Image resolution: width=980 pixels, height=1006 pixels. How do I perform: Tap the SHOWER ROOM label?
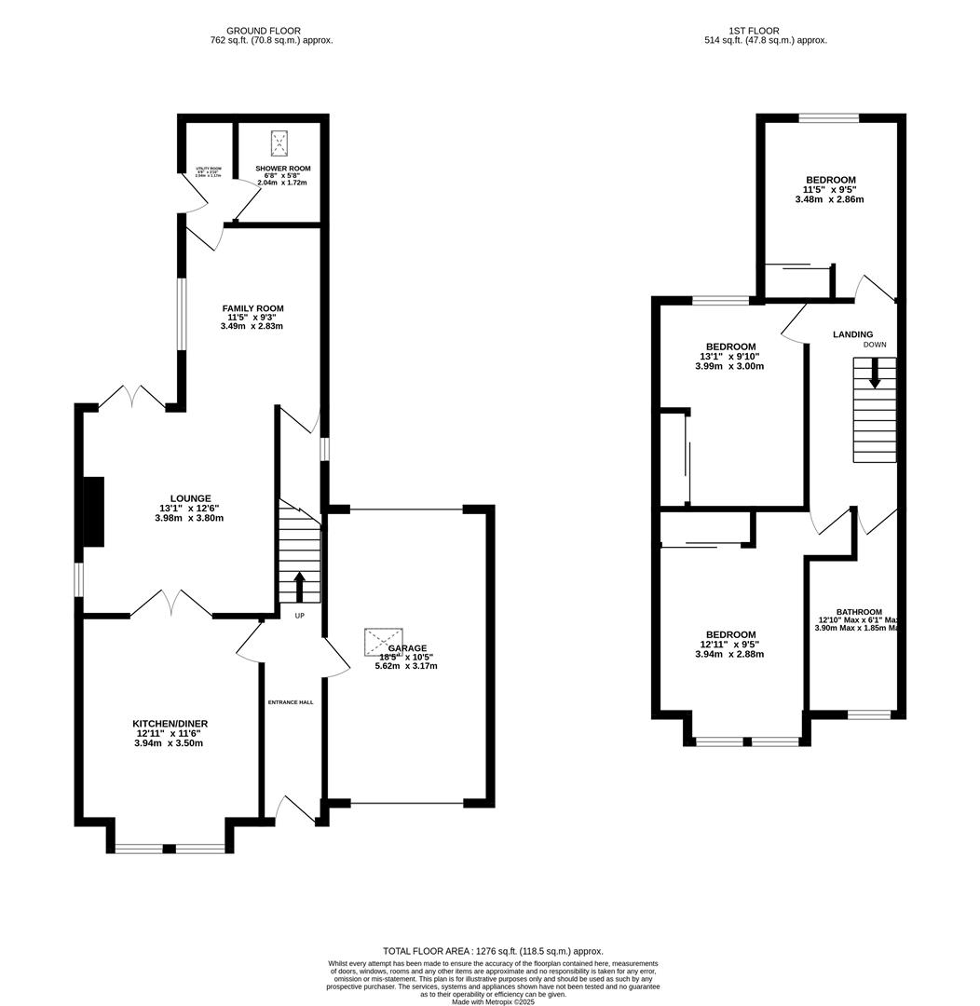pyautogui.click(x=283, y=169)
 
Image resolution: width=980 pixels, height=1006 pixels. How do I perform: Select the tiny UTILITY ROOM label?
pyautogui.click(x=208, y=169)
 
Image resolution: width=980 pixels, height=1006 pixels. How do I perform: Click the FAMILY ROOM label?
pyautogui.click(x=252, y=308)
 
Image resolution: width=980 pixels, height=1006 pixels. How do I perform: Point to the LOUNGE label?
pyautogui.click(x=190, y=498)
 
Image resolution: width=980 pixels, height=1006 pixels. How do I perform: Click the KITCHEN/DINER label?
pyautogui.click(x=170, y=724)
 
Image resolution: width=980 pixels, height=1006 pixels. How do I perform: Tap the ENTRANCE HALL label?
pyautogui.click(x=291, y=702)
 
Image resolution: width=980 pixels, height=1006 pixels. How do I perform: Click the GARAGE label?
pyautogui.click(x=407, y=648)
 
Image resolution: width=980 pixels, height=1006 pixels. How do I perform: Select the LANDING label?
pyautogui.click(x=852, y=334)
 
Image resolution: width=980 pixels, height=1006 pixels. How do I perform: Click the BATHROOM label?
pyautogui.click(x=858, y=612)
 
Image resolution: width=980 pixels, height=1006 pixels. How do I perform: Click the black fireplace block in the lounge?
pyautogui.click(x=93, y=511)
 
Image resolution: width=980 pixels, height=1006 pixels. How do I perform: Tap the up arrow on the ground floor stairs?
pyautogui.click(x=299, y=587)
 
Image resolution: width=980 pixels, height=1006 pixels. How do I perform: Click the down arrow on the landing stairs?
pyautogui.click(x=874, y=374)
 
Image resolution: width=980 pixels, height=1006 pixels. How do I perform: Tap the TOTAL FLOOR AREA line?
pyautogui.click(x=493, y=951)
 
